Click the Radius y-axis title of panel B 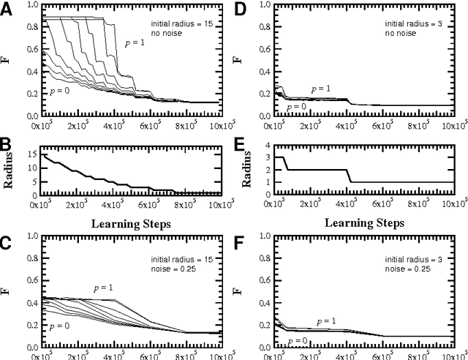11,173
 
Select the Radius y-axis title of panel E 249,173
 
